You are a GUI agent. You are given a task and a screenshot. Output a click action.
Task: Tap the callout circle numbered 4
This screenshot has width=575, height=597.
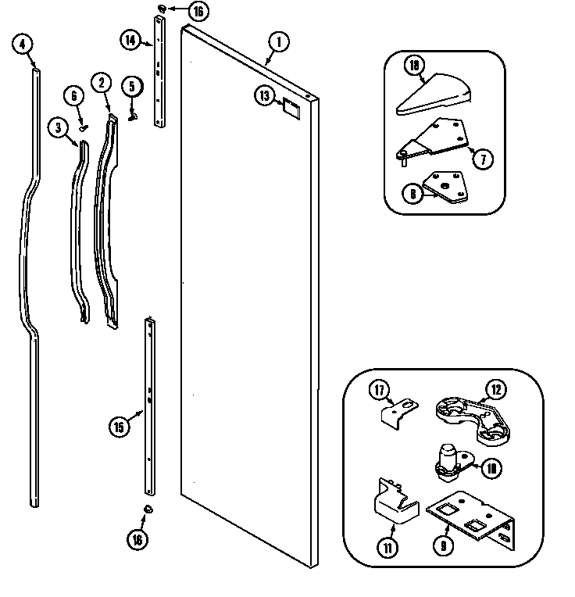click(x=23, y=45)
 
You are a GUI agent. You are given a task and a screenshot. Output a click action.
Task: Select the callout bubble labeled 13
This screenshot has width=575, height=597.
click(x=265, y=95)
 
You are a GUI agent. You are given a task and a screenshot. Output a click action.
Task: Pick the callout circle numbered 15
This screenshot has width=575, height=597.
click(x=118, y=427)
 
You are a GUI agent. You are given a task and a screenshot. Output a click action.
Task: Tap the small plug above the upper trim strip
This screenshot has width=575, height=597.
click(x=161, y=9)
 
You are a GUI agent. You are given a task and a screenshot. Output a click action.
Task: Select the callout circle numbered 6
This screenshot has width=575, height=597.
click(x=75, y=96)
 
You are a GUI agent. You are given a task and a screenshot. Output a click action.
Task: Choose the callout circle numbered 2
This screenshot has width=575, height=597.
click(x=101, y=82)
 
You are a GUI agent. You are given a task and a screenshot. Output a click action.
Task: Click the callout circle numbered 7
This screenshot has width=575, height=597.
click(x=483, y=159)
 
